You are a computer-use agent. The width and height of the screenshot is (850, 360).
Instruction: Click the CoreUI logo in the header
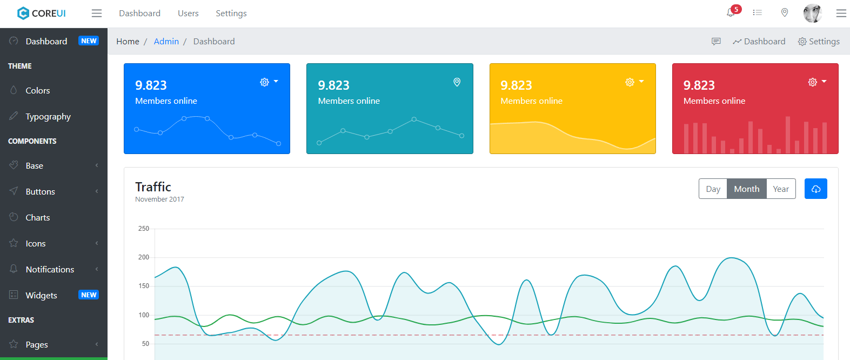click(x=42, y=14)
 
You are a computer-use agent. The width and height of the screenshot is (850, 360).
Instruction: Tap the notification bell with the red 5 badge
click(x=731, y=12)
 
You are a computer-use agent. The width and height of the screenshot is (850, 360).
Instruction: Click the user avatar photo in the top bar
click(x=812, y=14)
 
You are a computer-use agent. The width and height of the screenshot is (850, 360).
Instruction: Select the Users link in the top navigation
click(x=188, y=14)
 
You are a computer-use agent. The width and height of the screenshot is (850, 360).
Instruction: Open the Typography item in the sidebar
click(x=48, y=117)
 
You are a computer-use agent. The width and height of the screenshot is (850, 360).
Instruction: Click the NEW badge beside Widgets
click(x=89, y=295)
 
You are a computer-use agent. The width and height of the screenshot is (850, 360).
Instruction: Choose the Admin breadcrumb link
click(x=166, y=42)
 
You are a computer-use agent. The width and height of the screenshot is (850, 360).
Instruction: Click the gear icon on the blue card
click(x=264, y=82)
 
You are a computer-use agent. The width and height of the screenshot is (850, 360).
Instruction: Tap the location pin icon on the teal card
click(x=457, y=82)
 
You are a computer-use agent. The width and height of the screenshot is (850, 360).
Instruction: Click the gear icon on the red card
click(x=812, y=82)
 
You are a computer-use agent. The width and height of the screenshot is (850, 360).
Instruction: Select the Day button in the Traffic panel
click(x=713, y=189)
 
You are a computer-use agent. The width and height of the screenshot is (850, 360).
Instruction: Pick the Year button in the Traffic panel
click(x=781, y=189)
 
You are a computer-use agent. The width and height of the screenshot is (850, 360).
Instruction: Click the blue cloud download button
click(x=816, y=189)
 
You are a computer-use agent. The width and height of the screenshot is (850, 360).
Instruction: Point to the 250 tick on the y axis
click(x=144, y=229)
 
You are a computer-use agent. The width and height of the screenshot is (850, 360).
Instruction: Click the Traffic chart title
click(x=153, y=187)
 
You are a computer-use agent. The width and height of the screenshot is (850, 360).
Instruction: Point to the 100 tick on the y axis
click(x=144, y=315)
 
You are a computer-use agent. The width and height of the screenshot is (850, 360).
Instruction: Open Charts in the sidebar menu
click(x=38, y=218)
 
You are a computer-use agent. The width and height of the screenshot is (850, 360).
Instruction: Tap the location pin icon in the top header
click(x=785, y=13)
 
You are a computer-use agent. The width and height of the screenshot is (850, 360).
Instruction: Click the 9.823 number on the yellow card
click(x=516, y=85)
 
